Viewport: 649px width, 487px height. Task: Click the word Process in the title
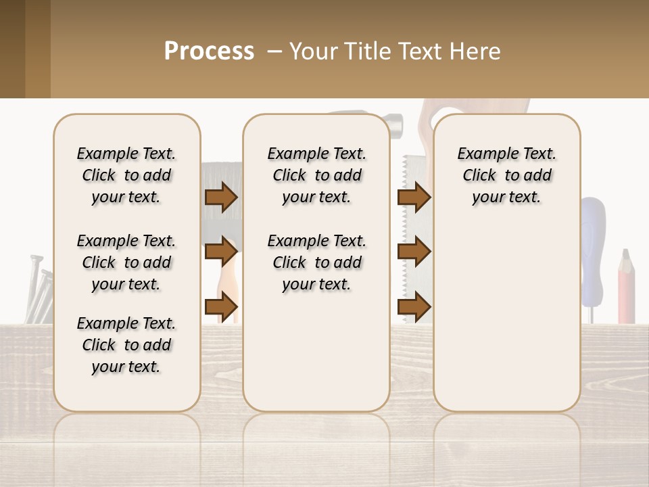209,51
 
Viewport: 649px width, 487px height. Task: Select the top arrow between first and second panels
221,198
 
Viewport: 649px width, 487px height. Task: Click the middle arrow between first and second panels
221,252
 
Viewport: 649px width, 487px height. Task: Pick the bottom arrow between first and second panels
221,306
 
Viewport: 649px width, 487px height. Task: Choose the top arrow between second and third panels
414,198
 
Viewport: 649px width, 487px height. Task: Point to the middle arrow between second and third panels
414,252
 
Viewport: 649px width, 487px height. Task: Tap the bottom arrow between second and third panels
414,306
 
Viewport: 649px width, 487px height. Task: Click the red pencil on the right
626,287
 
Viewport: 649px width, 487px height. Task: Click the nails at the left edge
39,291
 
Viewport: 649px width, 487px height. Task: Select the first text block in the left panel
126,175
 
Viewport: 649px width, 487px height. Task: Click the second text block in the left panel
126,262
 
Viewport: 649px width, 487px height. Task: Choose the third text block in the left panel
126,345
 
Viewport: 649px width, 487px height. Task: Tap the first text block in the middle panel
317,175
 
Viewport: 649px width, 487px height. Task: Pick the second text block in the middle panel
317,262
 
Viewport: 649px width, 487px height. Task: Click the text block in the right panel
507,175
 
